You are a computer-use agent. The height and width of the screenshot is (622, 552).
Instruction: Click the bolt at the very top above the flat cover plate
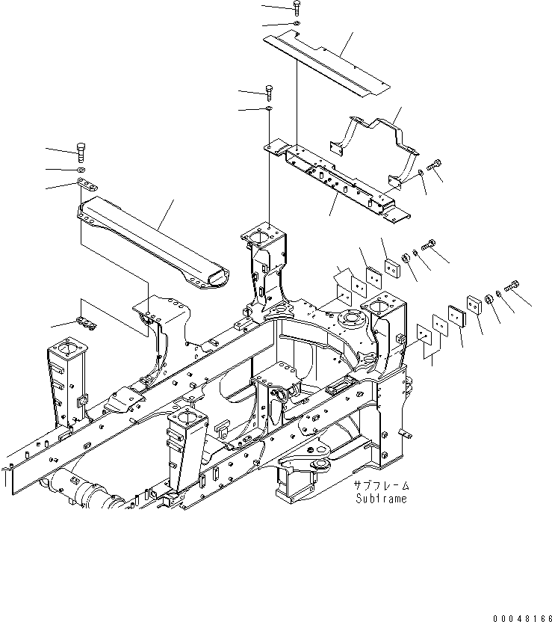click(x=297, y=7)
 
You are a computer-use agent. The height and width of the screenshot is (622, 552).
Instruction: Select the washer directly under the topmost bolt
click(x=297, y=25)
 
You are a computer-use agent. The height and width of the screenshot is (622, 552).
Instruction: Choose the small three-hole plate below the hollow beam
click(x=87, y=324)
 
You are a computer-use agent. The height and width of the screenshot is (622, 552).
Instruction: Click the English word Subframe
click(x=381, y=499)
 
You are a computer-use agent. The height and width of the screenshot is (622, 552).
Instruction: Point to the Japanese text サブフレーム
click(x=381, y=487)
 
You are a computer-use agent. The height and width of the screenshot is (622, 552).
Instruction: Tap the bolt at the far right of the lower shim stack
click(x=515, y=285)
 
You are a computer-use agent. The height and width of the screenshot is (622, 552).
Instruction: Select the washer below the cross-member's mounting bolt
click(x=268, y=110)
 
